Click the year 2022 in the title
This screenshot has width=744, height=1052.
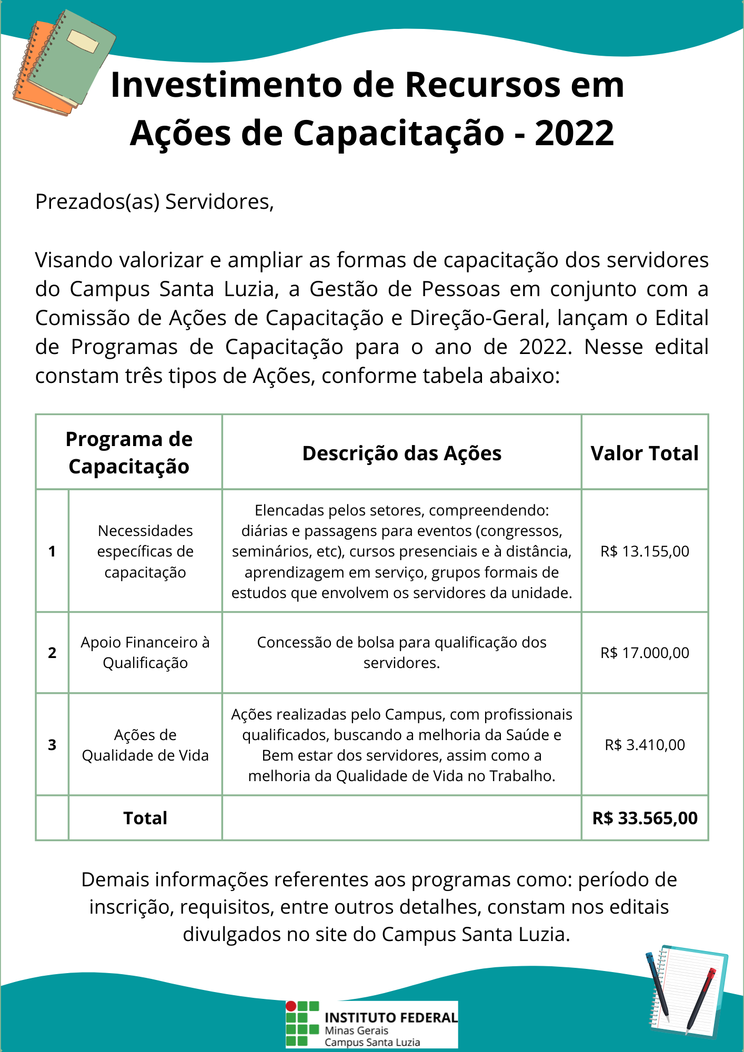[574, 133]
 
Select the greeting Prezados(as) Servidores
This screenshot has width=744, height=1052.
[154, 202]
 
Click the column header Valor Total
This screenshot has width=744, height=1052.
[645, 453]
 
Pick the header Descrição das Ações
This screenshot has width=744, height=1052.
[401, 453]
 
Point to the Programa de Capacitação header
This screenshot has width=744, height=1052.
[129, 452]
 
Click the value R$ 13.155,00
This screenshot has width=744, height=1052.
[645, 551]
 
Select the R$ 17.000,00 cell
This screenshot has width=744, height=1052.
[645, 653]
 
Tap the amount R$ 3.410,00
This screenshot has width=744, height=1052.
[645, 745]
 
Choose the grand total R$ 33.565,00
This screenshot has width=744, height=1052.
[645, 818]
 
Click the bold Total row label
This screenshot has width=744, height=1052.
[145, 818]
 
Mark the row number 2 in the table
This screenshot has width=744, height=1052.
[52, 653]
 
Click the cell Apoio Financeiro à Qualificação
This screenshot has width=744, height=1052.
[145, 653]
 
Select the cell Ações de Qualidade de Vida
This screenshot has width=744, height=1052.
[145, 745]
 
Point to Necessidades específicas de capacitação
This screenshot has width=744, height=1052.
[145, 551]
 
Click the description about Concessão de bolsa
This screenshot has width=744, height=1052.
[401, 653]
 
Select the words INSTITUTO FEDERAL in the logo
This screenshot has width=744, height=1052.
[391, 1018]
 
